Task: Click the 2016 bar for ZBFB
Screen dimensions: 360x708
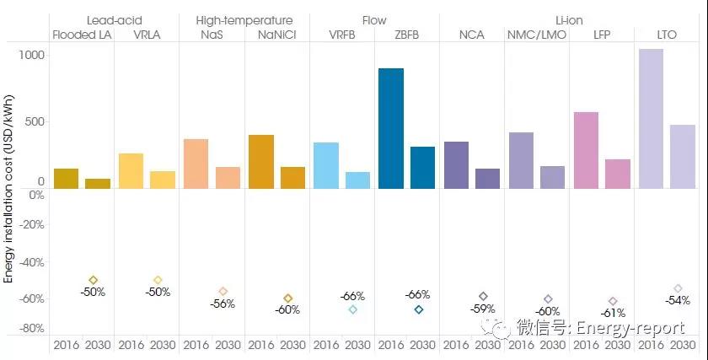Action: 391,128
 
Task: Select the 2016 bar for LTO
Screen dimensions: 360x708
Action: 651,118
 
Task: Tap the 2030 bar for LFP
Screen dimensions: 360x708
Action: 618,173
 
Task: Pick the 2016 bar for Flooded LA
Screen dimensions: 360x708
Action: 66,178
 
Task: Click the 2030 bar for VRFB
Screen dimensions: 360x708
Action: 358,180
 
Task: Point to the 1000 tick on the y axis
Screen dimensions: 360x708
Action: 32,55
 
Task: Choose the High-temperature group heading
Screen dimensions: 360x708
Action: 244,19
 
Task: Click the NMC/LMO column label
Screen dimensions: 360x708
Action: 536,35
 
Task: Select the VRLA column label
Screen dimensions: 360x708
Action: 147,35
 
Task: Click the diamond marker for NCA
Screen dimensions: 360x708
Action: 483,297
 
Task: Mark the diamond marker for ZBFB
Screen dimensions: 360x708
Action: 418,309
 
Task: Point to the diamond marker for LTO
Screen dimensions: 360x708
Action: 678,288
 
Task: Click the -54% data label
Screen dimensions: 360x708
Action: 677,300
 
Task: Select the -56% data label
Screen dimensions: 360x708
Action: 223,304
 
